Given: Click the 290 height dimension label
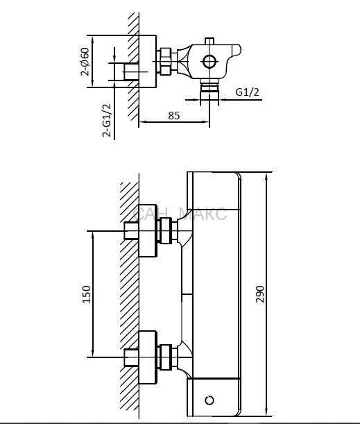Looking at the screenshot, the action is click(x=259, y=294).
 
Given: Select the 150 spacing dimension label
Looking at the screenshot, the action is click(x=86, y=294).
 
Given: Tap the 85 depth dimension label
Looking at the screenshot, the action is click(x=174, y=115).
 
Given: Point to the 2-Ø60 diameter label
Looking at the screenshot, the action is click(x=85, y=62).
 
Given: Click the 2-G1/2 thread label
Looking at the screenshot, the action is click(x=107, y=120).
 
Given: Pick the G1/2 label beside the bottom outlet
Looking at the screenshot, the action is click(x=248, y=92).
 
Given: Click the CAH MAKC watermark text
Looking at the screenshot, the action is click(x=180, y=214).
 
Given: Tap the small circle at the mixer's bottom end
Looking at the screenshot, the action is click(x=209, y=400).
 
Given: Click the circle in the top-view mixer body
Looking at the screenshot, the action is click(x=209, y=62).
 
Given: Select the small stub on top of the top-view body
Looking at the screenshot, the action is click(x=209, y=41).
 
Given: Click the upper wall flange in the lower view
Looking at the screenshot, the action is click(x=148, y=230).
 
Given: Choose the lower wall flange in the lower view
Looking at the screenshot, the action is click(x=148, y=357).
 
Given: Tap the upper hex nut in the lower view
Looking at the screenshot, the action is click(x=165, y=230).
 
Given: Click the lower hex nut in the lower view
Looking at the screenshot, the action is click(x=165, y=357).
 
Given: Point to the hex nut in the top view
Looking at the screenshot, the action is click(x=165, y=61).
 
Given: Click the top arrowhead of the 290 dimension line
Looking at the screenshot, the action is click(x=266, y=176).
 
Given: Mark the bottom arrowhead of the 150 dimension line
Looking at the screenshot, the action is click(x=93, y=353).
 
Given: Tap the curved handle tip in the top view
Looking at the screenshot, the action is click(x=237, y=50).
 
